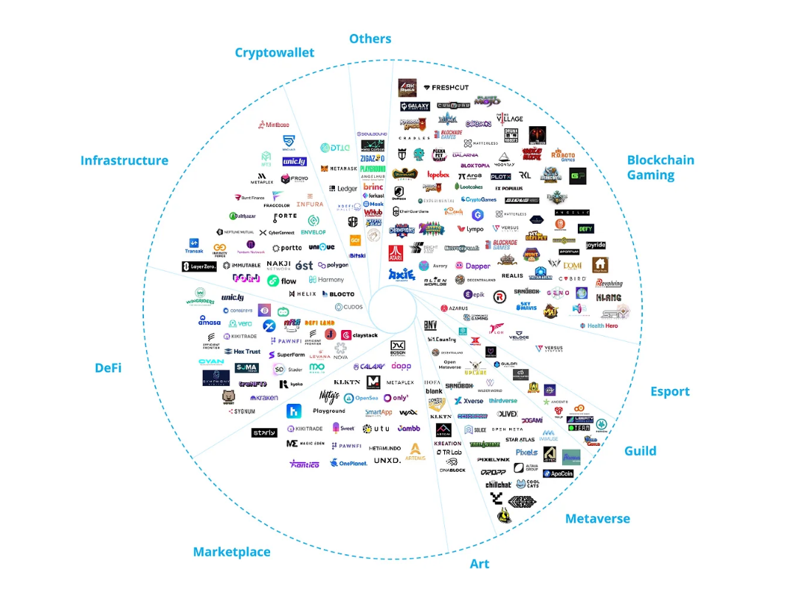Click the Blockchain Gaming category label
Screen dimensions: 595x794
(660, 168)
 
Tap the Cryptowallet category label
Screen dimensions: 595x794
(275, 52)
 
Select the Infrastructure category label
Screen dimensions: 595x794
(124, 160)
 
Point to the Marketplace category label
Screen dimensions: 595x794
(232, 551)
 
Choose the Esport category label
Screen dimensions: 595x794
(669, 391)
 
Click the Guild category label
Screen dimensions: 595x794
(640, 451)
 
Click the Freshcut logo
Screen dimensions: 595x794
(446, 88)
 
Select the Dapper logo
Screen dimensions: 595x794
(473, 266)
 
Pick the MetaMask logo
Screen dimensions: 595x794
(339, 169)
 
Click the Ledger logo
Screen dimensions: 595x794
(343, 189)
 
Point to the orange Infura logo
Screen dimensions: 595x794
(309, 204)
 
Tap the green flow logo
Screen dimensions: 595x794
(282, 281)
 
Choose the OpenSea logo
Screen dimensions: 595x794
(361, 398)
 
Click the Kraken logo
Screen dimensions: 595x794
(263, 398)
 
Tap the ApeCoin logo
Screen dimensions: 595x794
(558, 473)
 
